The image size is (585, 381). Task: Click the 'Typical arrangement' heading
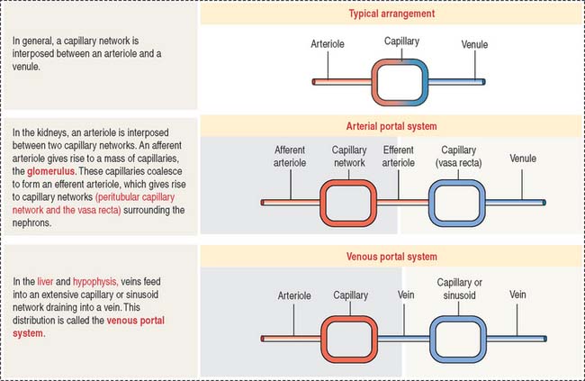click(x=391, y=14)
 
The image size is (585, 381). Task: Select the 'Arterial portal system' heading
click(x=391, y=126)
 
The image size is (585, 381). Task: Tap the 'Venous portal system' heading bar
click(x=391, y=256)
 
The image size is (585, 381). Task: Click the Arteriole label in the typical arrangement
click(x=328, y=43)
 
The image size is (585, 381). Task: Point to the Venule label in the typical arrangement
click(x=475, y=43)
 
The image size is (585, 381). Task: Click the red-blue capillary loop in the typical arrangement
click(x=401, y=82)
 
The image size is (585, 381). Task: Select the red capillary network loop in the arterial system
click(x=347, y=203)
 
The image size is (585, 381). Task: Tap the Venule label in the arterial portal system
click(x=523, y=158)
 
